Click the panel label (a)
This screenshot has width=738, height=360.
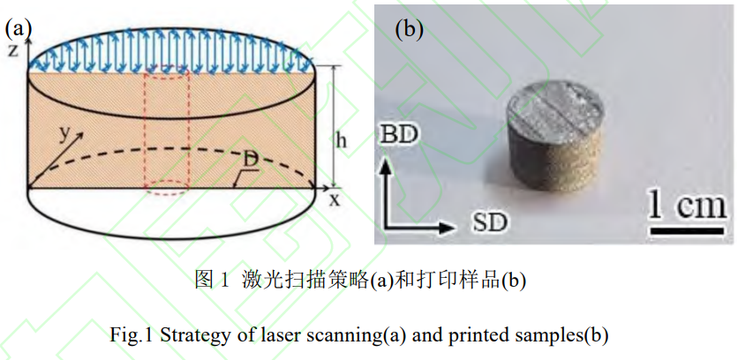click(18, 26)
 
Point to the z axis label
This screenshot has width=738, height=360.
click(12, 50)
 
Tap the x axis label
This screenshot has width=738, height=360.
click(335, 199)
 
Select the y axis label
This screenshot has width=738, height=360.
click(64, 132)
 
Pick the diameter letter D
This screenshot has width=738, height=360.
click(253, 161)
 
